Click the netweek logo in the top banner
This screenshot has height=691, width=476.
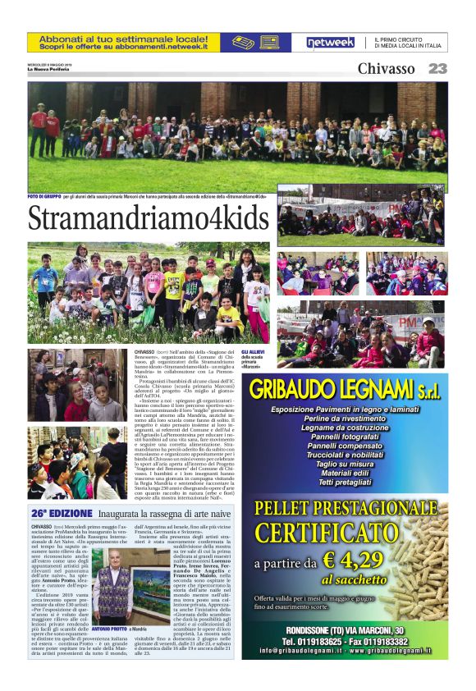coord(330,43)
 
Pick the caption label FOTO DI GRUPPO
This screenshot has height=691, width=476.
coord(46,196)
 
